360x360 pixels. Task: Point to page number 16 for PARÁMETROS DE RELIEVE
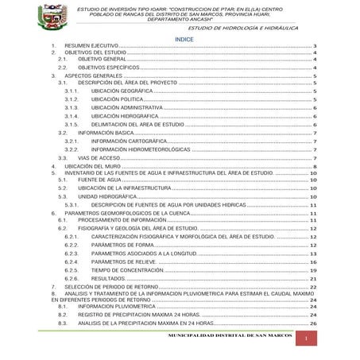tap(314, 261)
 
